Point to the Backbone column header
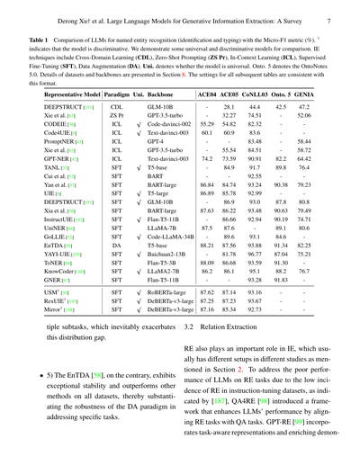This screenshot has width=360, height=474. point(159,94)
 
